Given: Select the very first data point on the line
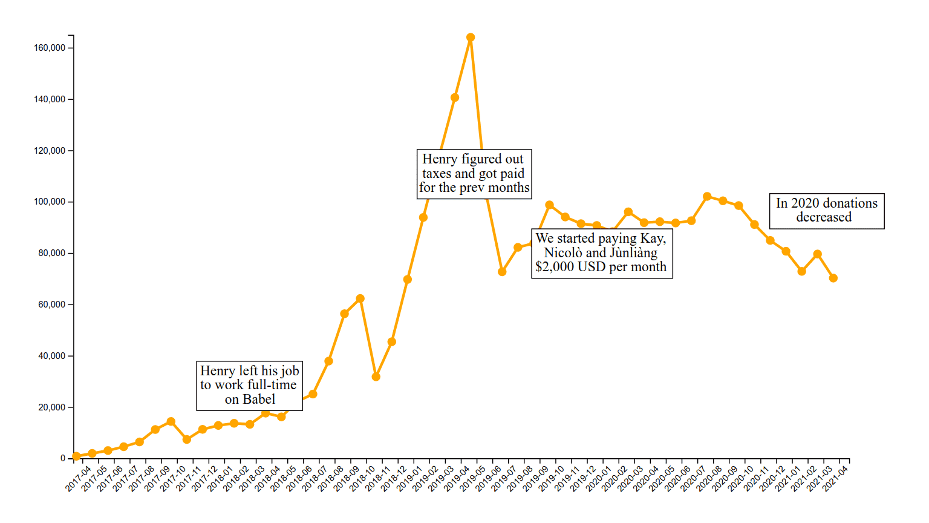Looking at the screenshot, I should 76,456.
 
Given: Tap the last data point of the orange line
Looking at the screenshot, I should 833,278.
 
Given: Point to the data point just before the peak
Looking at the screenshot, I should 455,97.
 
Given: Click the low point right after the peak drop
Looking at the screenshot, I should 502,272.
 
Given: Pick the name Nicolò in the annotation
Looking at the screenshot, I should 563,253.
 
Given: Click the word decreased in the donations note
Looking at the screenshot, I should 823,217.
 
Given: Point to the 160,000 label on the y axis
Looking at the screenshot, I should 50,48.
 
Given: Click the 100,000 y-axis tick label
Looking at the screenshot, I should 50,202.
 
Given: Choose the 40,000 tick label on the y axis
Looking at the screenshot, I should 52,356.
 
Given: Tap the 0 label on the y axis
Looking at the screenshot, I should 63,458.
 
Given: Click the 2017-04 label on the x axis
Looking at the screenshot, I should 79,478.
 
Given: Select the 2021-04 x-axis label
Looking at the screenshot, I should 836,478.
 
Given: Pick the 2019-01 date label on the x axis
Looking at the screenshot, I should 410,478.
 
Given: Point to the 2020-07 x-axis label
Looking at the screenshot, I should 694,478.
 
